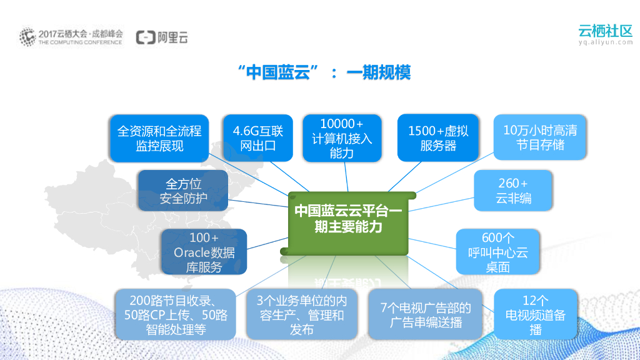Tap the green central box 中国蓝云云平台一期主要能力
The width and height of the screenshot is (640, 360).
pyautogui.click(x=347, y=219)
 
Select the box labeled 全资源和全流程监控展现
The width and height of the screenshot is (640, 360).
pyautogui.click(x=159, y=138)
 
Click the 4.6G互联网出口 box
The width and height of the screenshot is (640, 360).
pyautogui.click(x=257, y=138)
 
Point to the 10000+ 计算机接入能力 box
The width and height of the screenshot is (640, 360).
pyautogui.click(x=341, y=138)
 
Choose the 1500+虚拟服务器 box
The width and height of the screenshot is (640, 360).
pyautogui.click(x=437, y=138)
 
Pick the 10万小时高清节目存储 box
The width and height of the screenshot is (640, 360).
pyautogui.click(x=540, y=137)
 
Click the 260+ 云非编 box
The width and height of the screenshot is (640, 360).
pyautogui.click(x=513, y=191)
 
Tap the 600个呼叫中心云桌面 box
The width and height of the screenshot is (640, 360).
pyautogui.click(x=497, y=252)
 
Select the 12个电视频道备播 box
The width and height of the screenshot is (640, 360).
pyautogui.click(x=535, y=315)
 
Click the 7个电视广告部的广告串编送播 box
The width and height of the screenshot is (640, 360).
pyautogui.click(x=425, y=314)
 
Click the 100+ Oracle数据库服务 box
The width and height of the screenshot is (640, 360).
pyautogui.click(x=204, y=252)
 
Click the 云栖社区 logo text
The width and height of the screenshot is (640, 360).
pyautogui.click(x=605, y=30)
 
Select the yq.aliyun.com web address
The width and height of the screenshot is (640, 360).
pyautogui.click(x=605, y=42)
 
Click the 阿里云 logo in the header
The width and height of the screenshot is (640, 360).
pyautogui.click(x=162, y=37)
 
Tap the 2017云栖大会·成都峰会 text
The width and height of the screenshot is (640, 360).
pyautogui.click(x=80, y=32)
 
